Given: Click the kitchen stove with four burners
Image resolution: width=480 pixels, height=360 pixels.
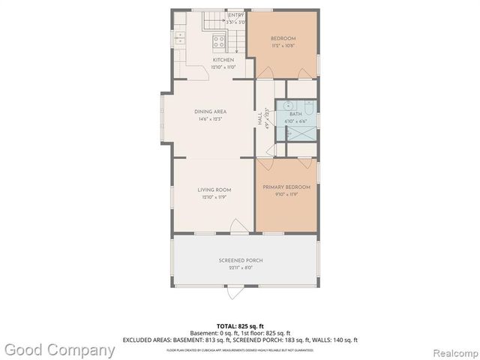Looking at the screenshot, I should (218, 42).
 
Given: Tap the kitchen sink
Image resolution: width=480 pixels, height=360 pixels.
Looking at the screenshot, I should (180, 37).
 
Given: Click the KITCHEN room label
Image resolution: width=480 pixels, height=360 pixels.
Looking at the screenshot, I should (223, 60).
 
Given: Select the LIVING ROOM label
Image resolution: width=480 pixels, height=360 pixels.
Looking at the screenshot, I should (214, 189).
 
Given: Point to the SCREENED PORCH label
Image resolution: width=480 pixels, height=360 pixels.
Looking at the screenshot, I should (240, 260).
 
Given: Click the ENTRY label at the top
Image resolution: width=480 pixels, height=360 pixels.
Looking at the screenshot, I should (235, 15).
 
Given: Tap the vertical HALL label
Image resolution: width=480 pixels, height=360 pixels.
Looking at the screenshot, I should (260, 118).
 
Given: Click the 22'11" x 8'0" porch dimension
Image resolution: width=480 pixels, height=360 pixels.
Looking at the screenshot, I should (240, 268).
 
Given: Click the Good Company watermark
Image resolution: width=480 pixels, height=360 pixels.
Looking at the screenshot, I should (60, 349).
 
